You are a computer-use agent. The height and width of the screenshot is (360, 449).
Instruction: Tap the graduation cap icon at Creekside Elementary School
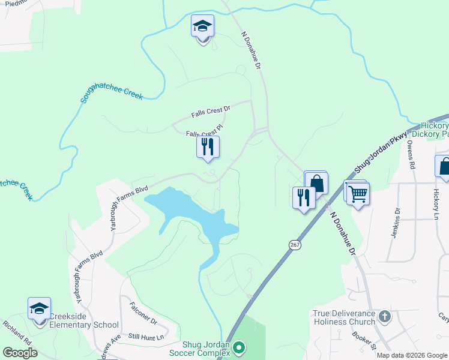pos(40,310)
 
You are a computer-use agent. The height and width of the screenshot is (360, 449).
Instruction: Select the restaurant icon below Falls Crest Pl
pos(208,147)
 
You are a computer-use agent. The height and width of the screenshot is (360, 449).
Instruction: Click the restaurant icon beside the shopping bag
pos(304,197)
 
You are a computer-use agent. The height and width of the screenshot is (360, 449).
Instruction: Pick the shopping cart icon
pos(358,194)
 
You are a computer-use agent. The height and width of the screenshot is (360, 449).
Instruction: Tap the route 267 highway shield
pos(294,245)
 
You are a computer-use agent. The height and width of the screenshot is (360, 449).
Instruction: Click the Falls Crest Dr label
pos(211,112)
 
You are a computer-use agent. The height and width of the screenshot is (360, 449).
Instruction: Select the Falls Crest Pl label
pos(204,131)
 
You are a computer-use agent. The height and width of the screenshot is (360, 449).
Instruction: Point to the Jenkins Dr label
pos(396,223)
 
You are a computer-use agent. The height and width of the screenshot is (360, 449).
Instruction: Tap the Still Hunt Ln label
pos(148,337)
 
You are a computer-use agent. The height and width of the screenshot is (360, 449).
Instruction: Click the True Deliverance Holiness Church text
pos(344,317)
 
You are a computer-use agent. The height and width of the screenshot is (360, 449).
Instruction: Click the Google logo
pos(20,353)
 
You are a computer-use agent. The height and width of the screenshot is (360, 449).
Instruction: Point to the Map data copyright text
pos(412,355)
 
